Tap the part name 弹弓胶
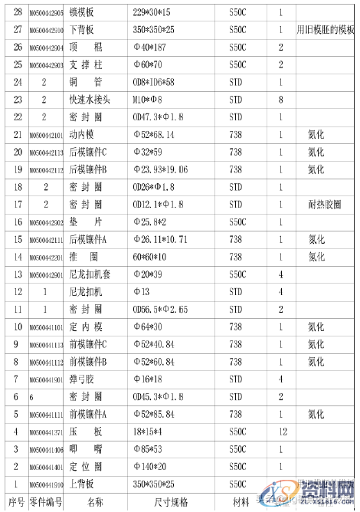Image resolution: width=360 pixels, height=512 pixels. pos(82,379)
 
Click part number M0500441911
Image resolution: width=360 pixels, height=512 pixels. pos(46,414)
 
